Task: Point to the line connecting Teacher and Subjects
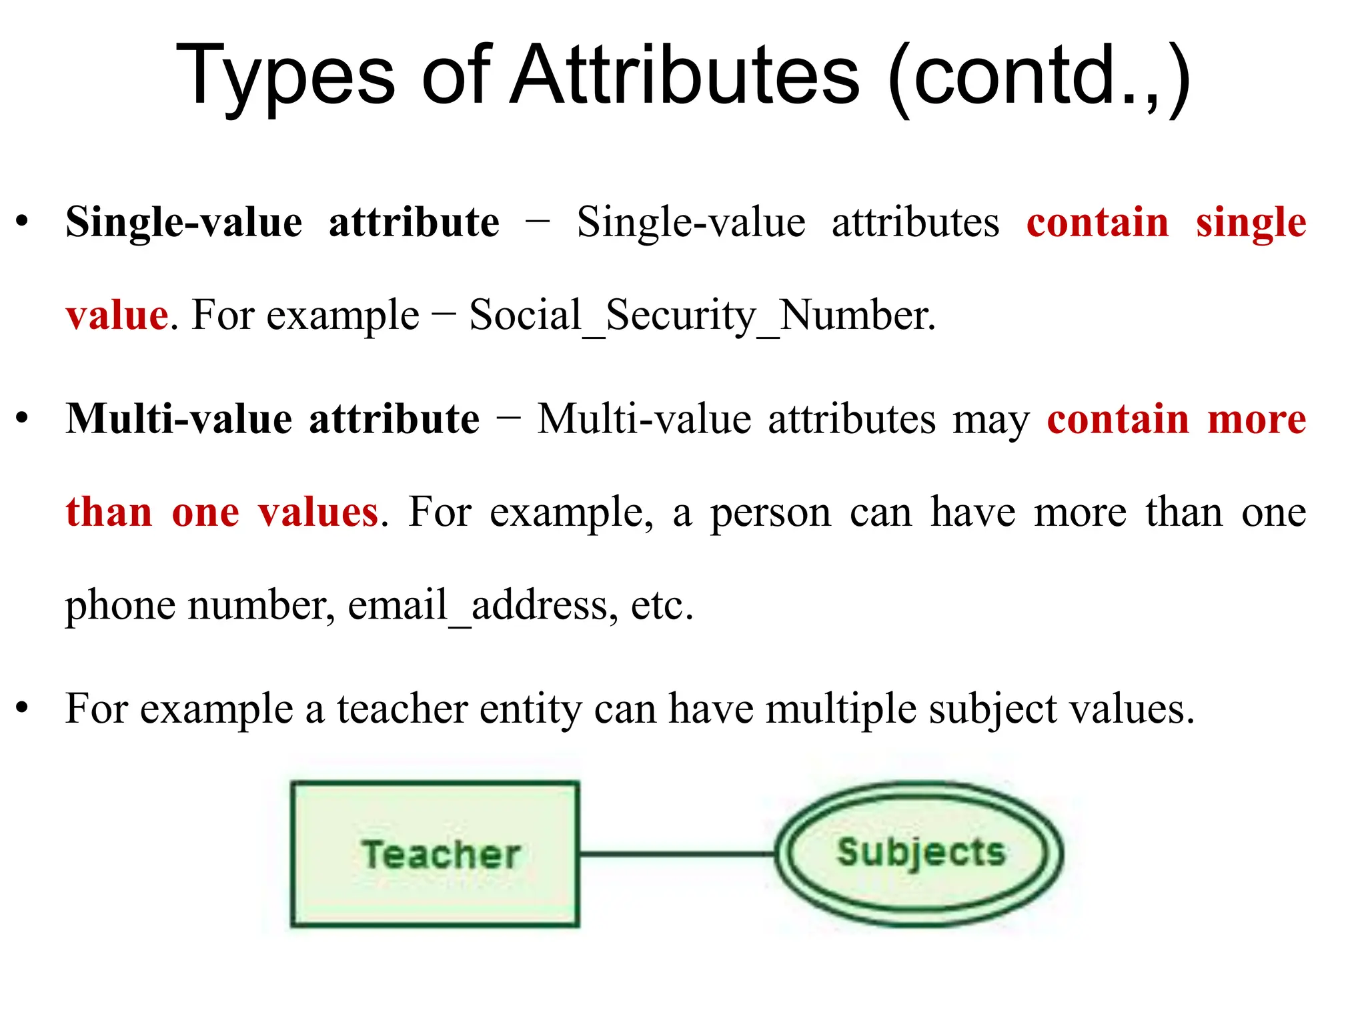click(x=676, y=853)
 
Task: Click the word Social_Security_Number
click(x=702, y=315)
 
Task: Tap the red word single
click(x=1251, y=223)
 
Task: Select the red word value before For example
click(x=117, y=315)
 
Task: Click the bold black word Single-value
click(x=184, y=223)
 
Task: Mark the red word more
click(x=1257, y=420)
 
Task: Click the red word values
click(x=318, y=512)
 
